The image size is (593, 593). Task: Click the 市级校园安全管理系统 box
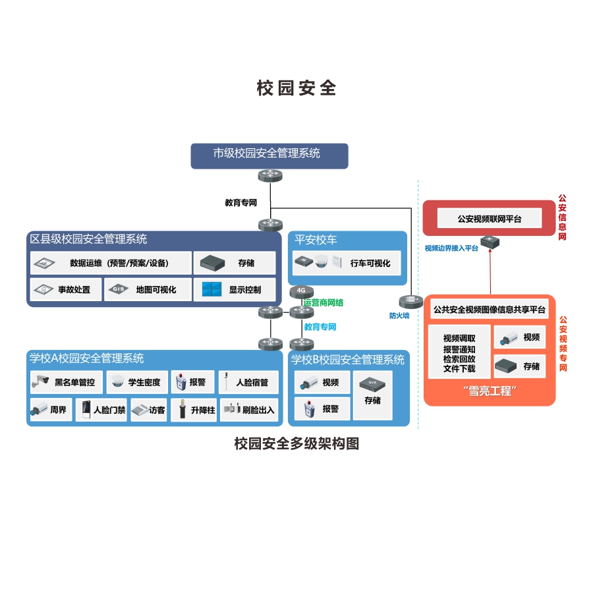[x=269, y=155]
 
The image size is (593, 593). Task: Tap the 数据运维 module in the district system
[x=111, y=263]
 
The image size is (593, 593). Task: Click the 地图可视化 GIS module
[x=146, y=289]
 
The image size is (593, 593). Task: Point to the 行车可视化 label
[x=370, y=263]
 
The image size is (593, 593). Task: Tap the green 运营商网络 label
[x=324, y=303]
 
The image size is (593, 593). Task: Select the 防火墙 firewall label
[x=399, y=316]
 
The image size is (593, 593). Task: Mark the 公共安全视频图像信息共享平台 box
[x=490, y=309]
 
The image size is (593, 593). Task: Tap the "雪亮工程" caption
[x=488, y=391]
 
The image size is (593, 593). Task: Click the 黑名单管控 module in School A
[x=67, y=381]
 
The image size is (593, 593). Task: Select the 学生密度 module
[x=137, y=381]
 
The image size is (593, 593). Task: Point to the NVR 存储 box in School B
[x=372, y=395]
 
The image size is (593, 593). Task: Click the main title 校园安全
[x=296, y=88]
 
